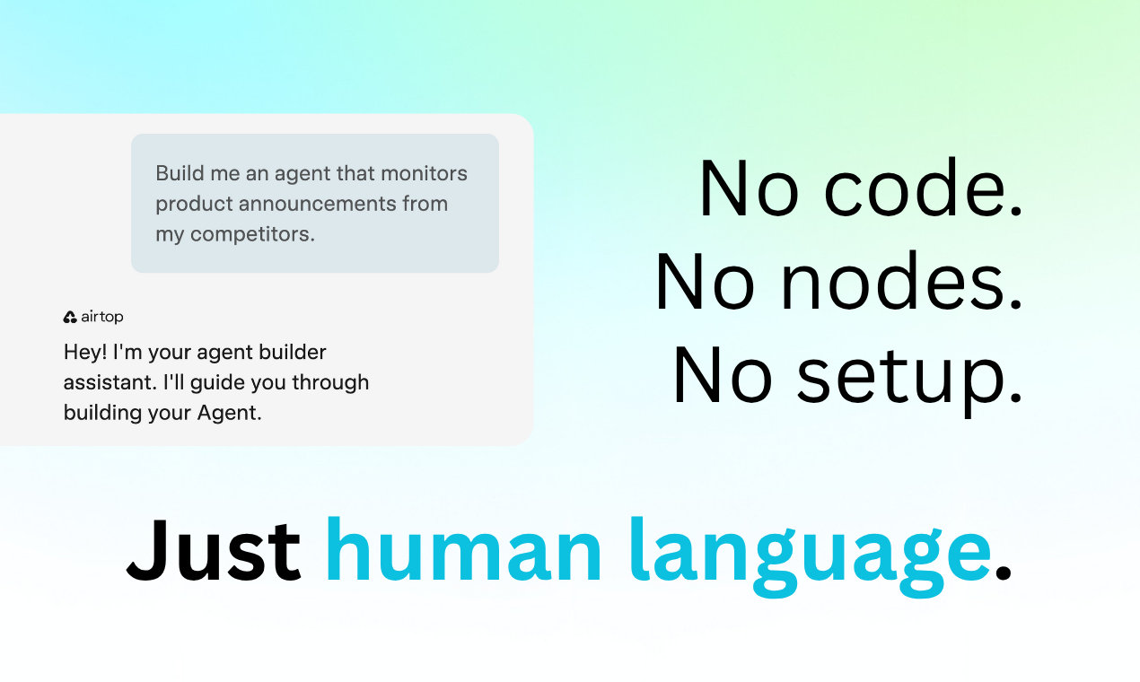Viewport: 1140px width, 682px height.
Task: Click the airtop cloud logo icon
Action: (x=70, y=317)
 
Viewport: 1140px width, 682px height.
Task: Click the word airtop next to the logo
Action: (x=102, y=317)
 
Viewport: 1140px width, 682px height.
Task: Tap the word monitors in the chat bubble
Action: (x=424, y=173)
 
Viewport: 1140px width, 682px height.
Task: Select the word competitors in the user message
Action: (x=252, y=234)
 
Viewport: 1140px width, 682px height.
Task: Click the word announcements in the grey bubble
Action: (x=317, y=204)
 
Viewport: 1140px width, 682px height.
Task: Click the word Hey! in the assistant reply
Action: (x=85, y=352)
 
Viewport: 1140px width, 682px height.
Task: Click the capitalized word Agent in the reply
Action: (x=229, y=413)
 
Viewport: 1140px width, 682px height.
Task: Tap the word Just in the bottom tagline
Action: (x=214, y=550)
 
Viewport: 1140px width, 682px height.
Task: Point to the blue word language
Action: (x=811, y=555)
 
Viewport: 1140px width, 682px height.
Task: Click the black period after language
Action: (x=1003, y=572)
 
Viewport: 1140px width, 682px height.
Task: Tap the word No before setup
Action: (x=723, y=374)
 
